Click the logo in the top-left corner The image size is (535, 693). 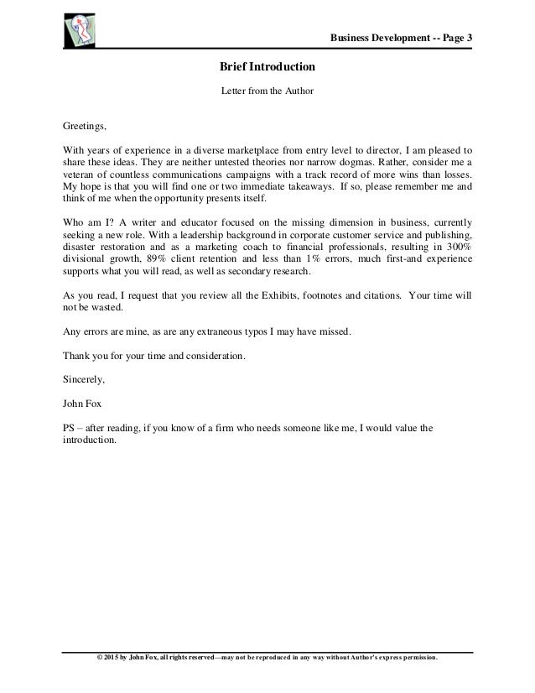point(81,30)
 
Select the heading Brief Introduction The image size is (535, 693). point(267,65)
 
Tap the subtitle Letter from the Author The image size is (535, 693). point(267,89)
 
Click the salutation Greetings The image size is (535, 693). point(86,127)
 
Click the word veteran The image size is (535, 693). point(81,175)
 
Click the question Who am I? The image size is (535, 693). point(87,222)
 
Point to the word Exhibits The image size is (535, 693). point(269,294)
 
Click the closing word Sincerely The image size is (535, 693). point(86,378)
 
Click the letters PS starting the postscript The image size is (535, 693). point(70,427)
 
